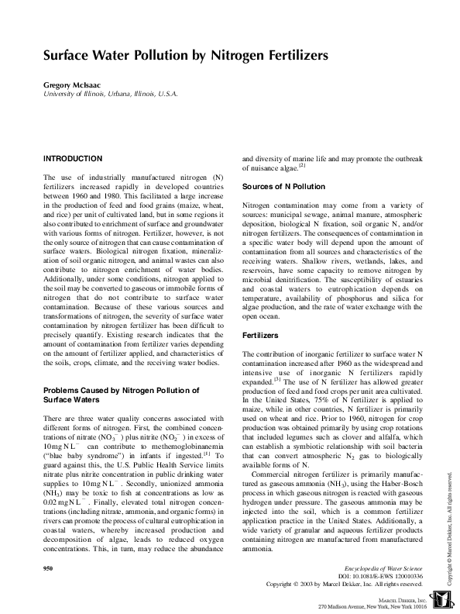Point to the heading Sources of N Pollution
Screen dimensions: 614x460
pos(284,187)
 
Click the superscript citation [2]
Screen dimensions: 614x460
pos(303,164)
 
